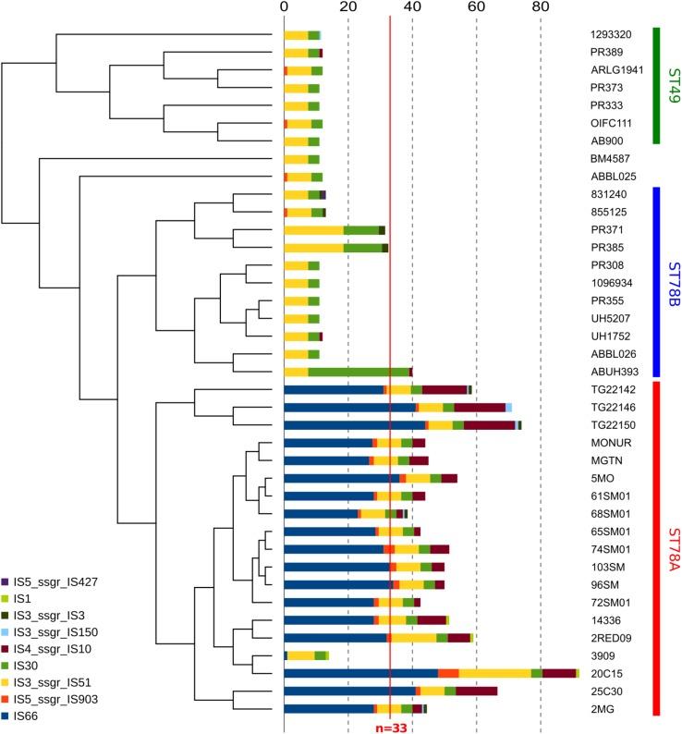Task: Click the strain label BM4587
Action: tap(609, 159)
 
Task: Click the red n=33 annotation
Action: tap(391, 728)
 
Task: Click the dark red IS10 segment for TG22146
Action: tap(479, 408)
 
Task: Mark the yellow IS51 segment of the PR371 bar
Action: tap(313, 230)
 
